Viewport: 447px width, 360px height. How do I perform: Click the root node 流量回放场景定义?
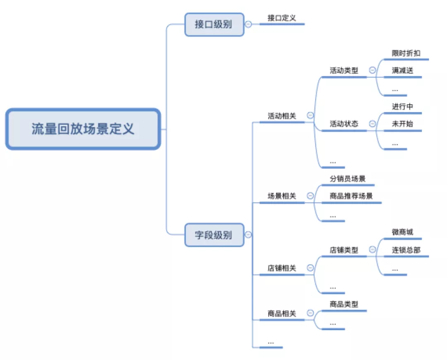click(83, 129)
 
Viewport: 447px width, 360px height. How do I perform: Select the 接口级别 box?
click(214, 24)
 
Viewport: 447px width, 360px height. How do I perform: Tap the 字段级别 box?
click(214, 235)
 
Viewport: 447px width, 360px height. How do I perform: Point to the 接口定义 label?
click(281, 18)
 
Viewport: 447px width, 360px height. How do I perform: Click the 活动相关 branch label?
click(282, 116)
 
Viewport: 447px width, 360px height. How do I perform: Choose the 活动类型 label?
click(344, 70)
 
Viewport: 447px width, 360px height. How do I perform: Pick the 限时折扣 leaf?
click(406, 53)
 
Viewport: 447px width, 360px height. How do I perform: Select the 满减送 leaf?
click(402, 70)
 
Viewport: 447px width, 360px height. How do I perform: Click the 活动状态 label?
click(344, 124)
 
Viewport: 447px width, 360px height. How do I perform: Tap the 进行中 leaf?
click(402, 106)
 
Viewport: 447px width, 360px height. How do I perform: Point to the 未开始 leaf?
click(402, 124)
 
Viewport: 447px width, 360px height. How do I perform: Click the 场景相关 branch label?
click(282, 196)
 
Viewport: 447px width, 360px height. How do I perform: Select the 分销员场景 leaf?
click(347, 179)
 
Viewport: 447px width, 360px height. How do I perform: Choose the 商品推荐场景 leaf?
click(351, 196)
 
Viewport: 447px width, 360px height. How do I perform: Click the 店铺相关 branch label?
click(282, 269)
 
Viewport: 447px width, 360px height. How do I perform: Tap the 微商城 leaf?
click(402, 232)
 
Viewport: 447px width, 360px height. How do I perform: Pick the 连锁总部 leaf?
click(406, 250)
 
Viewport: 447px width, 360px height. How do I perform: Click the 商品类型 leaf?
click(344, 304)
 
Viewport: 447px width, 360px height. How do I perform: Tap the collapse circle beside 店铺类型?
click(372, 250)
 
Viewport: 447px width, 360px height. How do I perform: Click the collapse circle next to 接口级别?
click(248, 24)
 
